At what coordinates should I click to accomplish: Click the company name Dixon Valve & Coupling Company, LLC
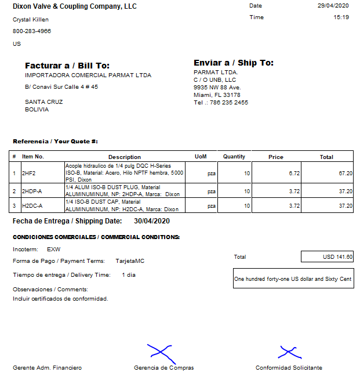pyautogui.click(x=75, y=6)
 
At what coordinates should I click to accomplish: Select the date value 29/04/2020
pyautogui.click(x=333, y=6)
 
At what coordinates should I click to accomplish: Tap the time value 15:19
pyautogui.click(x=341, y=17)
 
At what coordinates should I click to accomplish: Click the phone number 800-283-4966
pyautogui.click(x=32, y=31)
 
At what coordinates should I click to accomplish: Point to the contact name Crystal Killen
pyautogui.click(x=31, y=20)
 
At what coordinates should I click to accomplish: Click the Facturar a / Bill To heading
pyautogui.click(x=67, y=66)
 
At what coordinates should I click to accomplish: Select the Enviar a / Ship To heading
pyautogui.click(x=234, y=63)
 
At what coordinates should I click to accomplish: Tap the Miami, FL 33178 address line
pyautogui.click(x=217, y=95)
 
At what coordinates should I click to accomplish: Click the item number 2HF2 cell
pyautogui.click(x=29, y=173)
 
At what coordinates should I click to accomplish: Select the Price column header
pyautogui.click(x=276, y=157)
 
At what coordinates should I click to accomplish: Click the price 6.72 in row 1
pyautogui.click(x=294, y=173)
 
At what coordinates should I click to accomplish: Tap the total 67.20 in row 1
pyautogui.click(x=346, y=173)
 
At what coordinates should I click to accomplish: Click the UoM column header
pyautogui.click(x=201, y=157)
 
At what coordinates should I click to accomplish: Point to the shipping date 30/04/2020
pyautogui.click(x=152, y=221)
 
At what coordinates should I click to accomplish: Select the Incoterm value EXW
pyautogui.click(x=53, y=249)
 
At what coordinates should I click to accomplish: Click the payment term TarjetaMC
pyautogui.click(x=130, y=261)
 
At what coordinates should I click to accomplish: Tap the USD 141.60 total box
pyautogui.click(x=327, y=256)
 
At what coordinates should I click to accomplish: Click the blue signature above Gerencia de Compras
pyautogui.click(x=159, y=352)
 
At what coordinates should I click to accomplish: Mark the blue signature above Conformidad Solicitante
pyautogui.click(x=289, y=352)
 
